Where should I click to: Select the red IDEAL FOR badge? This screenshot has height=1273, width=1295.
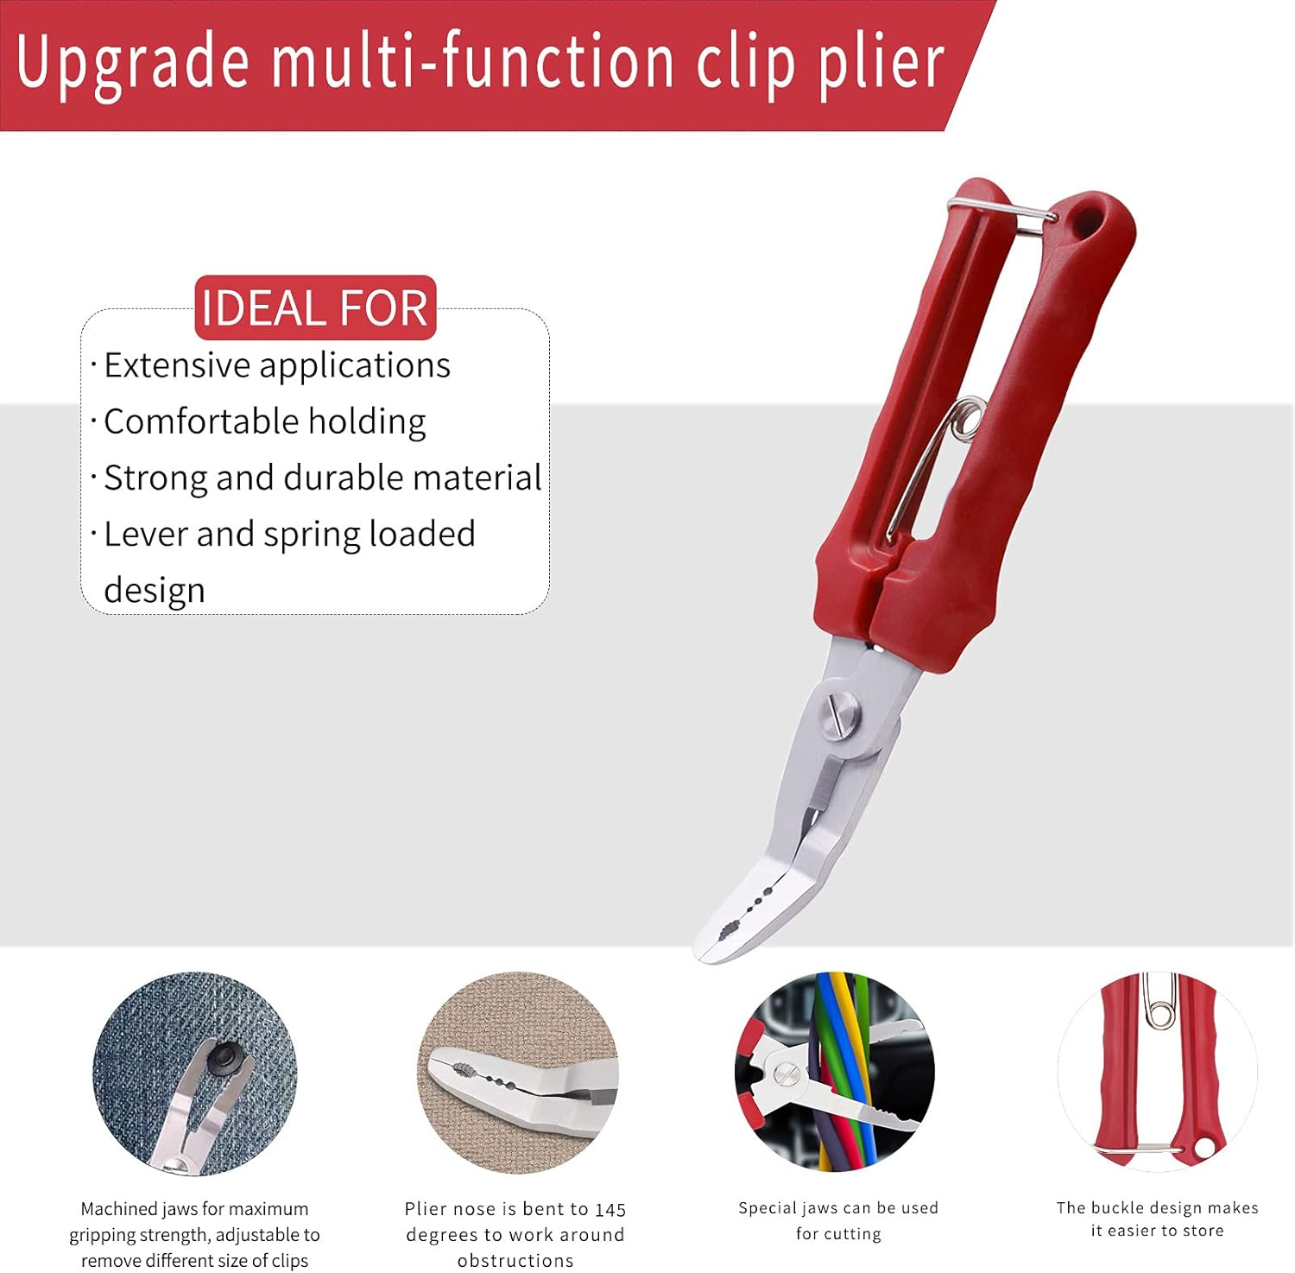pos(315,307)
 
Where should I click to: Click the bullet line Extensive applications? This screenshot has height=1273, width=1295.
pos(276,365)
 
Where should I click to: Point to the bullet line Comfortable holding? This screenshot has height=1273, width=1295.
pos(264,421)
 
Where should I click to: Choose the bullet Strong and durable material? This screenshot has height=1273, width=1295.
pos(322,478)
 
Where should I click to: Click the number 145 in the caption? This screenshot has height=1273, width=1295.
pos(610,1210)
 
